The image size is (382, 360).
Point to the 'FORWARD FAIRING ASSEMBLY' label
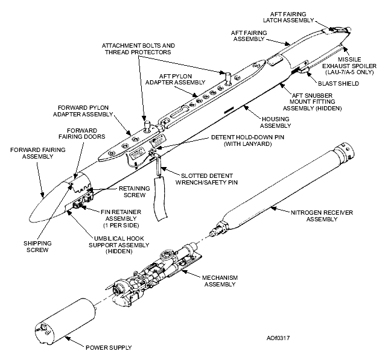(x=30, y=153)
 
